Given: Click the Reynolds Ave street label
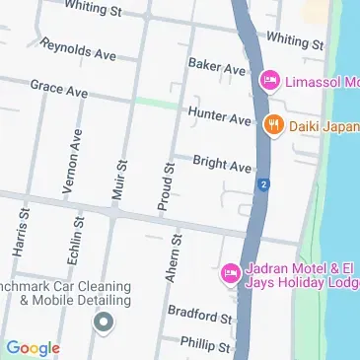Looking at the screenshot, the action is point(79,49).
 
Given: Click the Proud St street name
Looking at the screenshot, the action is point(167,187).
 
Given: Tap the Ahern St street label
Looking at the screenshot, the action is point(175,258).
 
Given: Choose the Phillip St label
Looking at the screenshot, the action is point(205,344).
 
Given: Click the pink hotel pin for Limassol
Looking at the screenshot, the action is point(268,79).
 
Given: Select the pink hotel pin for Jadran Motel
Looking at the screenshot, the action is point(230,271).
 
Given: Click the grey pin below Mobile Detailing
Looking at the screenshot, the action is point(102,322).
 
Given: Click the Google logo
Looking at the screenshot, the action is point(33,347).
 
